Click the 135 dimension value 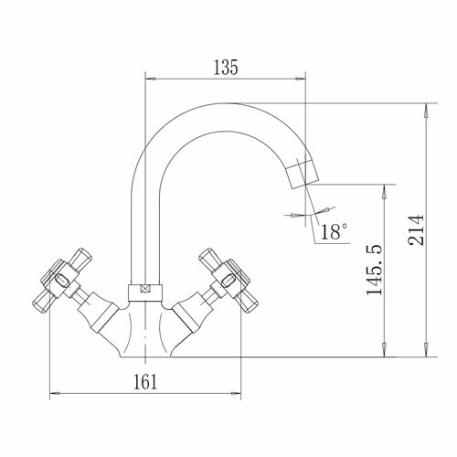click(226, 68)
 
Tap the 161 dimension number click(145, 382)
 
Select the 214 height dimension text click(416, 230)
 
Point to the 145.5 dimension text click(374, 270)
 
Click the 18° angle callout click(334, 231)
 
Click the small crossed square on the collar click(145, 289)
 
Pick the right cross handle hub click(229, 280)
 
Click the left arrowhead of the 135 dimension click(151, 79)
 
